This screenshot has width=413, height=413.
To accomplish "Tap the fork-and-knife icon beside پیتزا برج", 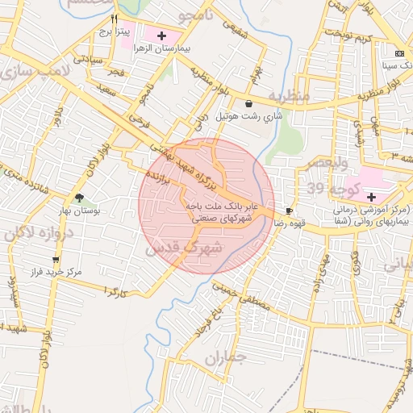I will pyautogui.click(x=115, y=19).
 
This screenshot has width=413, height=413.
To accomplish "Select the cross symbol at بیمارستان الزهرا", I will pyautogui.click(x=162, y=36).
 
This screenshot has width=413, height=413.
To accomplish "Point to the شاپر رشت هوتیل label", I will pyautogui.click(x=249, y=116).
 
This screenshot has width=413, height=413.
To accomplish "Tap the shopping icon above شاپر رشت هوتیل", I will pyautogui.click(x=248, y=103).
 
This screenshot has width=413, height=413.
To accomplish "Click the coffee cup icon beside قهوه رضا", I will pyautogui.click(x=289, y=211).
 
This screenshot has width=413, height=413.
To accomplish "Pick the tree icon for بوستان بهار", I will pyautogui.click(x=79, y=198).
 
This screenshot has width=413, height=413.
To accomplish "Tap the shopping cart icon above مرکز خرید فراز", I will pyautogui.click(x=56, y=260).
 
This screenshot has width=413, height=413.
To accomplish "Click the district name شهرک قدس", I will pyautogui.click(x=185, y=248).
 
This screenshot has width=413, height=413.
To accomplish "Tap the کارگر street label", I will pyautogui.click(x=115, y=289).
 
